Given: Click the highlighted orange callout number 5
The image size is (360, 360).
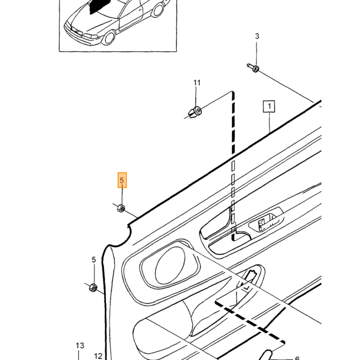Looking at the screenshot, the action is click(x=122, y=180).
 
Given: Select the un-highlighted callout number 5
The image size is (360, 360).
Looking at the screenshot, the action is click(x=94, y=260).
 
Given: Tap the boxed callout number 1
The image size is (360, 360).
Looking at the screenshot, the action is click(x=269, y=106).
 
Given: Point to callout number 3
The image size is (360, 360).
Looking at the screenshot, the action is click(x=257, y=36).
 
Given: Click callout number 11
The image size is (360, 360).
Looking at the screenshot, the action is click(x=197, y=83).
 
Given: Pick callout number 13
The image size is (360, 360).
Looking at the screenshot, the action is click(x=80, y=346).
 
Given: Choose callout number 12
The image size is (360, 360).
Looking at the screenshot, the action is click(x=98, y=356).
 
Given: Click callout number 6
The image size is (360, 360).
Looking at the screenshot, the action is click(x=297, y=358).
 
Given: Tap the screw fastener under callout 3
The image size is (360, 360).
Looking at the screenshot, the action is click(x=253, y=68).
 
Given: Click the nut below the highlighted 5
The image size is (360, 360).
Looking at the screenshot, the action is click(x=121, y=208).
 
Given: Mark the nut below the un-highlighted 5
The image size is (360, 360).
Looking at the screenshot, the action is click(x=93, y=287).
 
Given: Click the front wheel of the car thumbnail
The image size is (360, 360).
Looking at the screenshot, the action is click(x=109, y=38).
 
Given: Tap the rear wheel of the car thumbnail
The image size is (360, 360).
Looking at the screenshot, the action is click(x=158, y=9).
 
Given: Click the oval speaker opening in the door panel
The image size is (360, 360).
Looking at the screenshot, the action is click(x=170, y=266).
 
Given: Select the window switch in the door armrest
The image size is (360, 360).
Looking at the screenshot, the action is click(x=266, y=222).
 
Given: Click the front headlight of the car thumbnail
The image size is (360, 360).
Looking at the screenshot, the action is click(x=90, y=37).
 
